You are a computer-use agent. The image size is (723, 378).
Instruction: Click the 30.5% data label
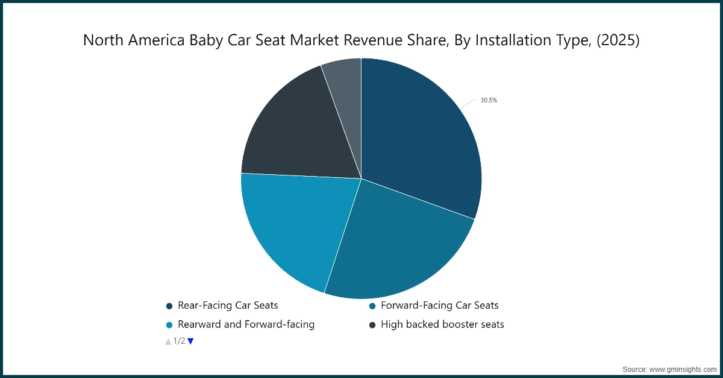pyautogui.click(x=489, y=101)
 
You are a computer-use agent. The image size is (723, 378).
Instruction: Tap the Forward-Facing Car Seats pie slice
pyautogui.click(x=398, y=247)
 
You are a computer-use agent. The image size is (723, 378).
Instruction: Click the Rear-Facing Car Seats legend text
pyautogui.click(x=228, y=306)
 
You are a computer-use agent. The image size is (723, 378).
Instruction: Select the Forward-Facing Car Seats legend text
pyautogui.click(x=439, y=306)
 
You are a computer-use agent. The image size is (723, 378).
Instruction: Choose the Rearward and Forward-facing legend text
pyautogui.click(x=246, y=324)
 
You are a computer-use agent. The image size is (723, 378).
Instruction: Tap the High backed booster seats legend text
pyautogui.click(x=442, y=324)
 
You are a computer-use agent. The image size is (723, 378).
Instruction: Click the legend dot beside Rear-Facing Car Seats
pyautogui.click(x=169, y=306)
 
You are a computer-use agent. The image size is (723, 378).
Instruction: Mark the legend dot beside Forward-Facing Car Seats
pyautogui.click(x=372, y=306)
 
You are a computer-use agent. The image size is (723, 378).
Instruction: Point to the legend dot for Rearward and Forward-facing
pyautogui.click(x=169, y=325)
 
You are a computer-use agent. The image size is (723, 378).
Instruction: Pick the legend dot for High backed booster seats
pyautogui.click(x=372, y=325)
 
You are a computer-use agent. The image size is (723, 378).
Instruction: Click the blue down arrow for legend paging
pyautogui.click(x=190, y=341)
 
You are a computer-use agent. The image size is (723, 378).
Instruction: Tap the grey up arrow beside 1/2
pyautogui.click(x=168, y=341)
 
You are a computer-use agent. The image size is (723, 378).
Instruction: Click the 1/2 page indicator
pyautogui.click(x=180, y=341)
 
